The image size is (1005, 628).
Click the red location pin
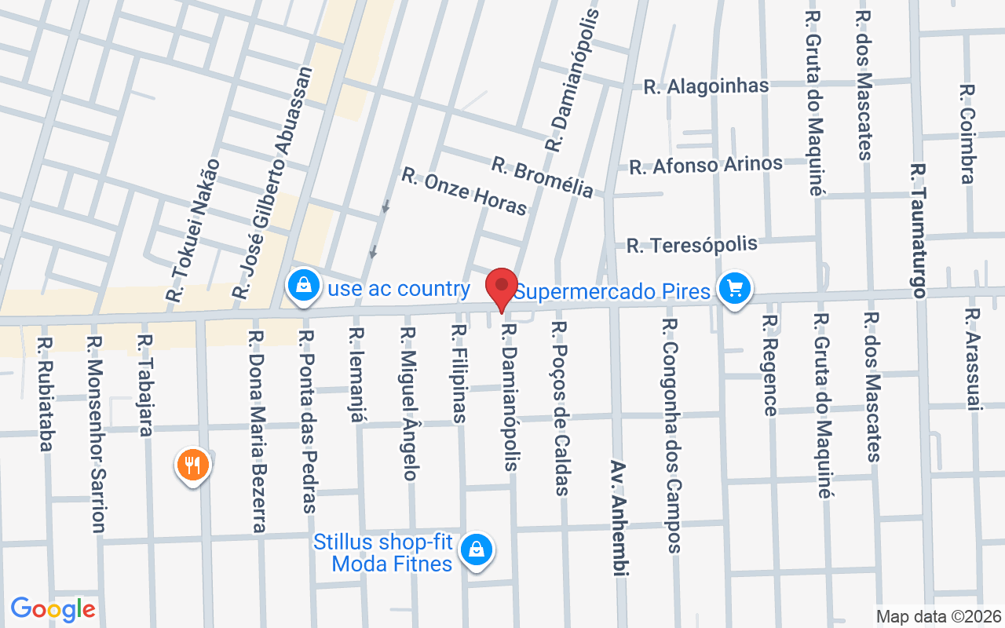click(x=502, y=287)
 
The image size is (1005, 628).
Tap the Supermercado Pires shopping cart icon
click(x=734, y=289)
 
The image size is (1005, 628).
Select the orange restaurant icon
click(x=192, y=466)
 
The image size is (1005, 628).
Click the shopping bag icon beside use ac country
click(x=303, y=286)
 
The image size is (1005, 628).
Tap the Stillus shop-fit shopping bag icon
click(x=476, y=549)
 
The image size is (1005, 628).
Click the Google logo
click(x=53, y=609)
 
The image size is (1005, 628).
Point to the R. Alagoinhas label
click(x=706, y=86)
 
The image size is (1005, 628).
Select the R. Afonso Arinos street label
click(x=706, y=165)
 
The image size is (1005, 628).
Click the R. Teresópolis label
click(x=692, y=244)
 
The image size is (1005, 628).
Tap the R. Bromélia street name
click(x=543, y=177)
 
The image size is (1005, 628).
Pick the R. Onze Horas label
click(x=464, y=191)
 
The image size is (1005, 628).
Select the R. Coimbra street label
click(x=967, y=134)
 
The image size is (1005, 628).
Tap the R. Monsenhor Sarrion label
click(x=97, y=434)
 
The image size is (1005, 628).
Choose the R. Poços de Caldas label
click(x=560, y=408)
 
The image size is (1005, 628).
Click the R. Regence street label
click(x=770, y=365)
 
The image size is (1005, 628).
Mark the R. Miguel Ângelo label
click(x=408, y=403)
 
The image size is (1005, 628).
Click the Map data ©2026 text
click(x=939, y=616)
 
